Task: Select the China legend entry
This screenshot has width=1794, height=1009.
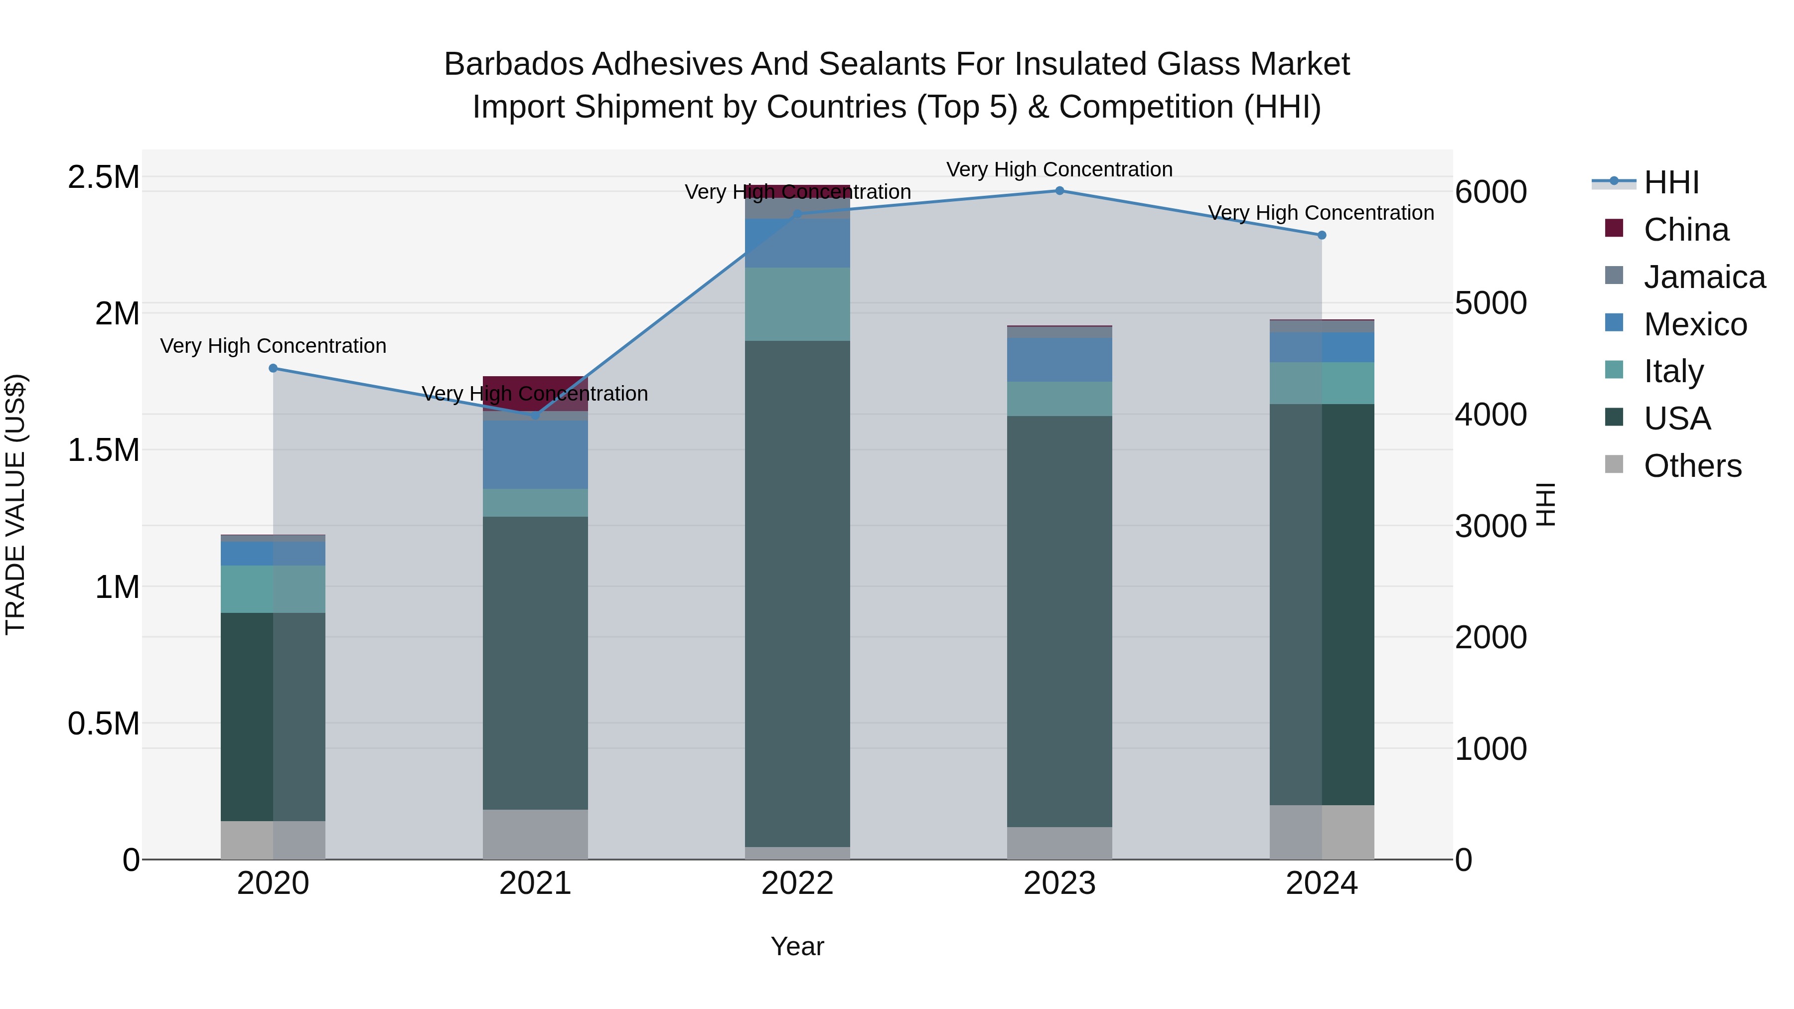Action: click(x=1685, y=230)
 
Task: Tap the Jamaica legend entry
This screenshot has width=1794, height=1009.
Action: click(x=1703, y=277)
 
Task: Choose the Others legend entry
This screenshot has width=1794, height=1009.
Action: click(x=1692, y=466)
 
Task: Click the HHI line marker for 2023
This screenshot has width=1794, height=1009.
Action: click(x=1059, y=191)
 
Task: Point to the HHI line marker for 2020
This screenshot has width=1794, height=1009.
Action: click(x=273, y=368)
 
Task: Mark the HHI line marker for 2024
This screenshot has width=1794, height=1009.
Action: click(x=1321, y=235)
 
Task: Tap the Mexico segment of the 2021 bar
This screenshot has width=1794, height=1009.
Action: click(x=535, y=454)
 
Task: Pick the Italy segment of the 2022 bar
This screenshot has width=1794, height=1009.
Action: click(x=797, y=303)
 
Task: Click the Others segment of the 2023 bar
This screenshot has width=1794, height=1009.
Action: click(x=1059, y=843)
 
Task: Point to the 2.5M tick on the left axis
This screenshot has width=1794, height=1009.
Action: click(x=103, y=177)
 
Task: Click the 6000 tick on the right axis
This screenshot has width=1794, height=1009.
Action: click(x=1491, y=192)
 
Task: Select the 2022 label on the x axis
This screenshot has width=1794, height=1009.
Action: click(x=797, y=883)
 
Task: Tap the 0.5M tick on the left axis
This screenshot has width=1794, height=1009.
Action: click(x=103, y=724)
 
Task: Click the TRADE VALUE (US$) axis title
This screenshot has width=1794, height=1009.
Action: click(x=15, y=504)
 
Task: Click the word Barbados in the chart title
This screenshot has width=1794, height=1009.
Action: click(x=513, y=65)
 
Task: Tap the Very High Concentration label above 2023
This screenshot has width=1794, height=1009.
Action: click(x=1059, y=170)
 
